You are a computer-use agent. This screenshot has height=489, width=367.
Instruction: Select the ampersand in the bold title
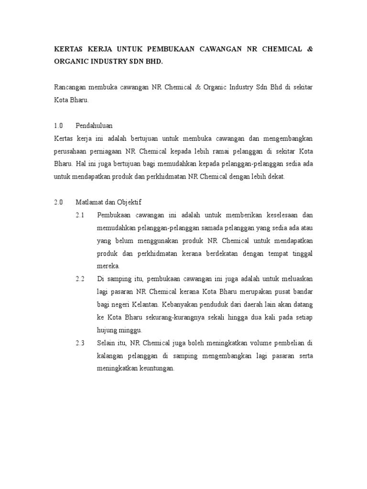pyautogui.click(x=309, y=50)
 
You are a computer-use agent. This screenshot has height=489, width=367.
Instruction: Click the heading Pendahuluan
pyautogui.click(x=94, y=126)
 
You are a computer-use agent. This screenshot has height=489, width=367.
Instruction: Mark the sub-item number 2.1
pyautogui.click(x=80, y=215)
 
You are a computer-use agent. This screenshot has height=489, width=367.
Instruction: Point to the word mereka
pyautogui.click(x=108, y=266)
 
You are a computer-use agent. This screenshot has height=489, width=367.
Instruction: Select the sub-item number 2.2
pyautogui.click(x=80, y=278)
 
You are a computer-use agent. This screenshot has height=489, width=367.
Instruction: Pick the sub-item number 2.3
pyautogui.click(x=80, y=342)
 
